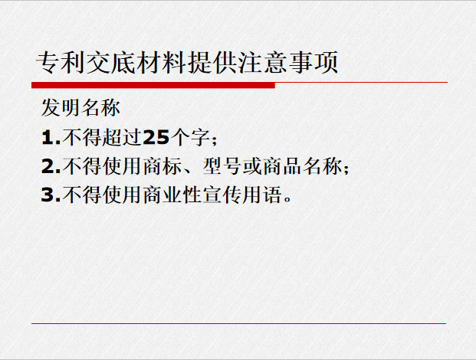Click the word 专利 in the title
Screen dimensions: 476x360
[61, 63]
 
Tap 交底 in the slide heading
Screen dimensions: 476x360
[111, 63]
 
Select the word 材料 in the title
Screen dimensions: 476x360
[162, 63]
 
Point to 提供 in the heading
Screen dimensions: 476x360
[212, 63]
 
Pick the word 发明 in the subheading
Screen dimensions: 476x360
[61, 108]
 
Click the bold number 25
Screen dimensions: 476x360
[156, 137]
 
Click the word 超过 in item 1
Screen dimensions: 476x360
[122, 137]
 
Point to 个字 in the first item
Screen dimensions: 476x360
[190, 137]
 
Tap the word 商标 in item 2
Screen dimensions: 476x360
[162, 166]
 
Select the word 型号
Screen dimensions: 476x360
[222, 166]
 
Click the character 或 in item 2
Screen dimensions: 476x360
[252, 166]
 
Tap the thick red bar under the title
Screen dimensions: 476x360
[153, 86]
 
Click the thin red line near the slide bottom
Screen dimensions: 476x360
[238, 323]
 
